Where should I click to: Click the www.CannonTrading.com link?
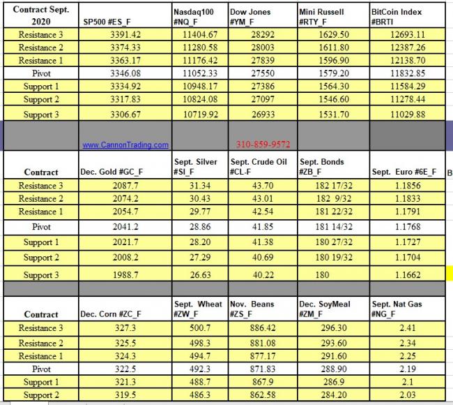[x=125, y=145]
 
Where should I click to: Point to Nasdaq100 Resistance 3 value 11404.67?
[x=201, y=34]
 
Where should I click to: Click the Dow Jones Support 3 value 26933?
[x=260, y=114]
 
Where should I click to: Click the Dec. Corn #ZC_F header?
[x=112, y=314]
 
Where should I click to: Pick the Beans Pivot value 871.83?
[x=262, y=368]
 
